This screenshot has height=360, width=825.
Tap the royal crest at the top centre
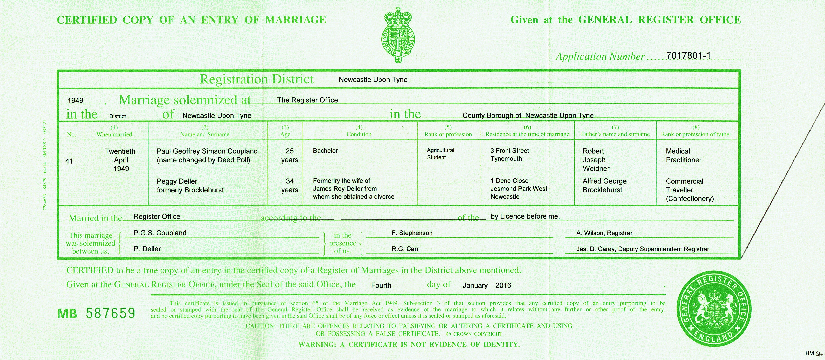(397, 35)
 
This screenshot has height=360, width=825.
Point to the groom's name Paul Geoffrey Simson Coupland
(207, 151)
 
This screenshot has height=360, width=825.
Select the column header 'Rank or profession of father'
(696, 134)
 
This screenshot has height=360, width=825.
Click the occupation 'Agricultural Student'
(440, 154)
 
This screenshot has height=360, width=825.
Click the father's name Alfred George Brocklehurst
(604, 185)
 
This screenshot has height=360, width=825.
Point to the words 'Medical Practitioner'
(683, 155)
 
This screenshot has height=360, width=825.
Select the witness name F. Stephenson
(412, 233)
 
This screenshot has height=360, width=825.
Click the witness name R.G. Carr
(405, 249)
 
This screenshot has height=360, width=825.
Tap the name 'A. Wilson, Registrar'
(604, 233)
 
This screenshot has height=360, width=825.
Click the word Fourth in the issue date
(381, 285)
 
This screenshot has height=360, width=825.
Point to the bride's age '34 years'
(290, 185)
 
